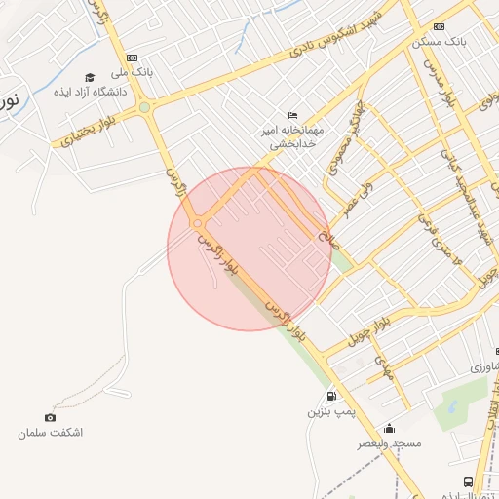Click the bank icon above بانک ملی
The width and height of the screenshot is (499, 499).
tap(132, 58)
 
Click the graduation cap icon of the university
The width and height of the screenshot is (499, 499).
tap(90, 77)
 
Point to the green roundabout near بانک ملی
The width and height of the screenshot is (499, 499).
tap(144, 107)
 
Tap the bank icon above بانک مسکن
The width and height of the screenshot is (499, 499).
tap(439, 26)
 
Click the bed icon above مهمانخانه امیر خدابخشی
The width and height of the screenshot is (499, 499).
tap(293, 115)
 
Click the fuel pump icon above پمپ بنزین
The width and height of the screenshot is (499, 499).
tap(332, 397)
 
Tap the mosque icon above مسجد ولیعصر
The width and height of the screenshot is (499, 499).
tap(390, 428)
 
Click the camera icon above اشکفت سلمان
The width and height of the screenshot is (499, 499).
tap(51, 418)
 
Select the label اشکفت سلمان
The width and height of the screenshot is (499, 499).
tap(51, 433)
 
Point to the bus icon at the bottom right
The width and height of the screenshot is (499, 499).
tap(469, 481)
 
